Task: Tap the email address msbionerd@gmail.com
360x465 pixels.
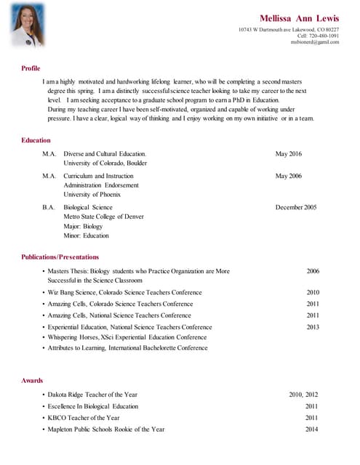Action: point(315,42)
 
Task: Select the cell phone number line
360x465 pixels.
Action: point(319,36)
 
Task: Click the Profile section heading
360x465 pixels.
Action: point(31,68)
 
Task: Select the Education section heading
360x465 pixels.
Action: point(36,140)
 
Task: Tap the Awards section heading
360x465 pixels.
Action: point(32,381)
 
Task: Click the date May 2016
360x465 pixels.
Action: point(289,154)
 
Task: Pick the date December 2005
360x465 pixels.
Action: point(296,208)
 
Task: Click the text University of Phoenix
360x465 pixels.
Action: point(92,195)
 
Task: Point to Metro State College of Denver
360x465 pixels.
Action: point(103,217)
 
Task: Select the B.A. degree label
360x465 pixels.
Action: point(49,208)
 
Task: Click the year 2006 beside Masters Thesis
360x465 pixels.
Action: point(313,271)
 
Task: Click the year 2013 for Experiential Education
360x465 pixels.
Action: point(313,327)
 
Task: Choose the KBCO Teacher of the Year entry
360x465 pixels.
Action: point(84,418)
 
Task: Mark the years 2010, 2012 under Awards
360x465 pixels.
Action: point(303,395)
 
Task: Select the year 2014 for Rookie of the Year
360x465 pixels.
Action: point(312,429)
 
